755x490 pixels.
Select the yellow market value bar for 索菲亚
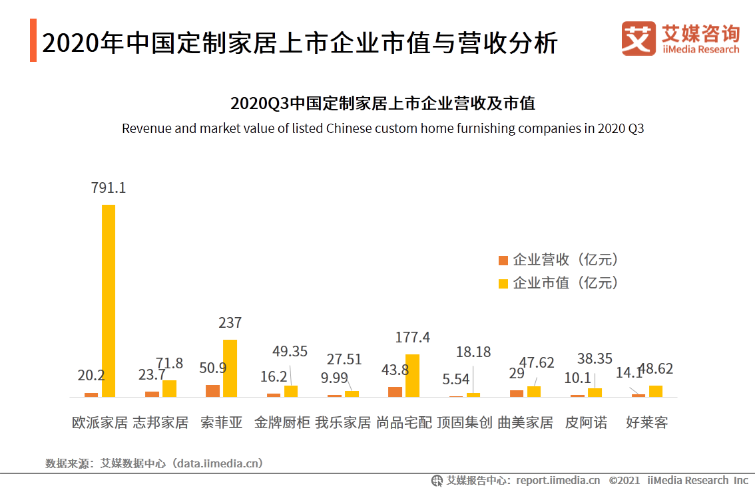click(230, 368)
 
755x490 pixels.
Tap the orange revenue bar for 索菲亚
click(212, 391)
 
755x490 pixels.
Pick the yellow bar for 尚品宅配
click(412, 376)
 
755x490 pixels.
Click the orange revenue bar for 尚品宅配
click(395, 392)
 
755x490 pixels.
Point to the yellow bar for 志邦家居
click(169, 389)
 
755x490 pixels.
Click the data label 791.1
click(109, 188)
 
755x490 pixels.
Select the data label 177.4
click(412, 338)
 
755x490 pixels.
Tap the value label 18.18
click(473, 352)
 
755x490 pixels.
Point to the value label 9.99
click(334, 379)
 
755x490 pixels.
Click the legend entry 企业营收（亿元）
click(559, 259)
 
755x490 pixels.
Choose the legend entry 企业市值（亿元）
click(559, 283)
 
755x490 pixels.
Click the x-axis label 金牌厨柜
click(282, 422)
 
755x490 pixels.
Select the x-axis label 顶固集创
click(464, 422)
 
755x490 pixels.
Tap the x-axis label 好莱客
click(646, 422)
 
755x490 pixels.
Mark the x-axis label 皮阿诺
click(586, 422)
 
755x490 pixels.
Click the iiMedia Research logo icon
click(638, 39)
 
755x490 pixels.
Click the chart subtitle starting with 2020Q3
click(383, 104)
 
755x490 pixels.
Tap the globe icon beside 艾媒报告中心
click(437, 480)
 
